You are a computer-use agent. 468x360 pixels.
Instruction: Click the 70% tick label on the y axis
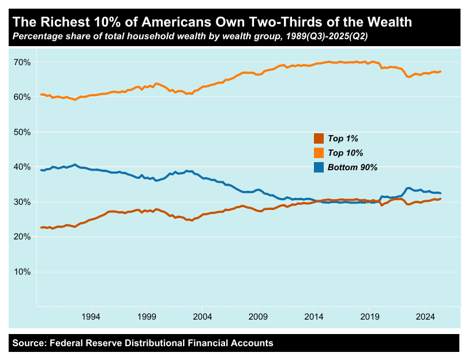coord(23,62)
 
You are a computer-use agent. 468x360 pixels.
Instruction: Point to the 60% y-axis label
coord(23,97)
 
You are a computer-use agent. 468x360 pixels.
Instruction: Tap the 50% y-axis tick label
coord(23,132)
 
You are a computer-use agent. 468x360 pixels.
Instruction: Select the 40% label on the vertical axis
coord(23,167)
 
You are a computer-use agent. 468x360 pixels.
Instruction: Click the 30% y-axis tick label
coord(23,202)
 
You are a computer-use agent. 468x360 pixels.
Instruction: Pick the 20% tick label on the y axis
coord(23,237)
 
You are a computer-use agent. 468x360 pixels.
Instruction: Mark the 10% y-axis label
coord(23,272)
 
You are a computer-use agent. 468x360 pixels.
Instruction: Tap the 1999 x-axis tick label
coord(147,317)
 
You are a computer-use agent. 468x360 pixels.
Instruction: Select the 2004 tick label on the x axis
coord(203,317)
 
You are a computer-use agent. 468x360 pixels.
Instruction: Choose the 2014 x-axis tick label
coord(314,317)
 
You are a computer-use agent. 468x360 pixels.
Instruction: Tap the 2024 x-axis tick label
coord(425,317)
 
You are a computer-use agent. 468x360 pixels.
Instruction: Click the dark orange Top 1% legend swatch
coord(319,138)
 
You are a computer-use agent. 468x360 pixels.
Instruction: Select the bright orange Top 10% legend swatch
coord(319,153)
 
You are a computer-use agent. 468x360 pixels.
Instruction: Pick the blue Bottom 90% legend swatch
coord(319,167)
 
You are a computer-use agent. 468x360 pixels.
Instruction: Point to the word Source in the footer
coord(29,343)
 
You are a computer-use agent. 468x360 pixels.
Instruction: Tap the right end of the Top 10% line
coord(441,72)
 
